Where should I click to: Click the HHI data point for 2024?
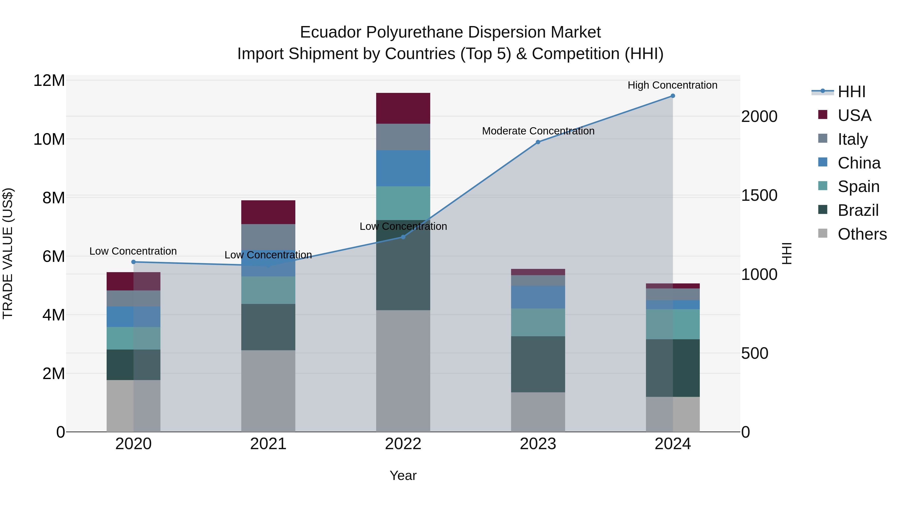click(672, 96)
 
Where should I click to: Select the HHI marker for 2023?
click(538, 142)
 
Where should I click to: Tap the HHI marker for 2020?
click(133, 262)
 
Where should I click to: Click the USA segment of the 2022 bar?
click(403, 108)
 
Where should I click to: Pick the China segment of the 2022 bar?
click(403, 168)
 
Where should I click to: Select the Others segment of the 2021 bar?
click(268, 391)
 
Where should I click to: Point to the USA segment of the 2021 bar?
click(268, 212)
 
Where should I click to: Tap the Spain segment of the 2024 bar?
click(672, 324)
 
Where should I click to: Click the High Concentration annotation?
click(672, 85)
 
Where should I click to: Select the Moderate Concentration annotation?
click(538, 131)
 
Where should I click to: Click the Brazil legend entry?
click(858, 210)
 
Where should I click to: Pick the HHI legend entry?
click(851, 92)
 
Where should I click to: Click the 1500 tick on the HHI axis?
click(759, 195)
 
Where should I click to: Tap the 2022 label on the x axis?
click(403, 444)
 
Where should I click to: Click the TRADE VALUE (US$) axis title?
click(8, 253)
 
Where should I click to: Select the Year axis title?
click(403, 475)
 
